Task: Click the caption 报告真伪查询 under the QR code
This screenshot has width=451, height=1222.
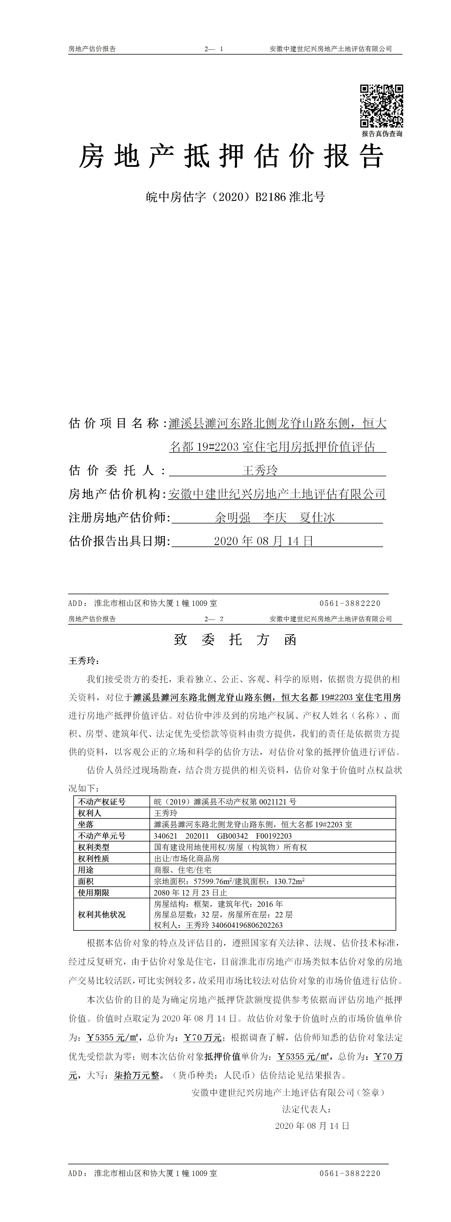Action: click(x=382, y=134)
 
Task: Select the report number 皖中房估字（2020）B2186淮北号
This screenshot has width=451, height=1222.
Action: click(x=235, y=197)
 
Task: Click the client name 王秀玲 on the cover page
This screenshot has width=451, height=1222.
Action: click(x=260, y=471)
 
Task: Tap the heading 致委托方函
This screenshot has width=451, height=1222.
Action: click(x=235, y=640)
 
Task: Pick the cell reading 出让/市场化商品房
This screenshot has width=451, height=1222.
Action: click(x=187, y=859)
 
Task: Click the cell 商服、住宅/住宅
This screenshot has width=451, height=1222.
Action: click(x=183, y=870)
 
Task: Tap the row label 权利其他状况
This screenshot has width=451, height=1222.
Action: click(x=102, y=914)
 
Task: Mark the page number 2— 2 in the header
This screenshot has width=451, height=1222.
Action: click(x=214, y=619)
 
